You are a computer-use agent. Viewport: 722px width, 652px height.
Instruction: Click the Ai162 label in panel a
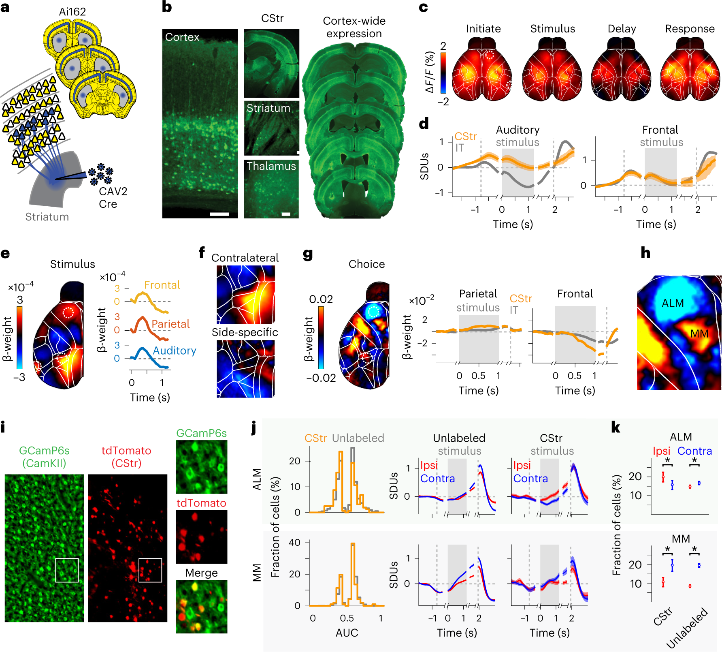coord(72,11)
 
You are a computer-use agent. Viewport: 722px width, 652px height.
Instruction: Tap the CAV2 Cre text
coord(113,197)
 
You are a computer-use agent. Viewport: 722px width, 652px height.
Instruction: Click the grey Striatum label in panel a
coord(47,217)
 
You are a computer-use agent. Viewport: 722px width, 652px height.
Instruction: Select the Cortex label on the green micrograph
coord(182,37)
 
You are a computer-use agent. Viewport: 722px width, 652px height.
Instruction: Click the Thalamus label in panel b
coord(271,166)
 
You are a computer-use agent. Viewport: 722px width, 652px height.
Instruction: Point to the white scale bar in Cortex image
coord(219,214)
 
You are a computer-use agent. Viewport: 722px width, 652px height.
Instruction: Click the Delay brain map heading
coord(622,29)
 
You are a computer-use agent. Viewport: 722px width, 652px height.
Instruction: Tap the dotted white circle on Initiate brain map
coord(490,55)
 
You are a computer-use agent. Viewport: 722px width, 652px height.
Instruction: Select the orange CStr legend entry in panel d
coord(465,137)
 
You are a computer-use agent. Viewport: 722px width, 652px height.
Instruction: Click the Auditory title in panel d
coord(518,130)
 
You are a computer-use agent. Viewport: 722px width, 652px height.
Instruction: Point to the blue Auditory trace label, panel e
coord(175,351)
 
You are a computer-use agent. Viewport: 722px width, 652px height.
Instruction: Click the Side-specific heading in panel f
coord(245,332)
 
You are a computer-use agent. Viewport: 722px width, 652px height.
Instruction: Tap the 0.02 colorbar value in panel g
coord(321,299)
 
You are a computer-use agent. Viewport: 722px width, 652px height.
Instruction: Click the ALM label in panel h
coord(673,303)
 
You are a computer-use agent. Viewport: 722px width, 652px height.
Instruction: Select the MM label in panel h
coord(699,334)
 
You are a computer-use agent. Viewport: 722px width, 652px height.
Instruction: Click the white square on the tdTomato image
coord(150,570)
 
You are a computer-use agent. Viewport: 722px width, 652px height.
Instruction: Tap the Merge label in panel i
coord(201,573)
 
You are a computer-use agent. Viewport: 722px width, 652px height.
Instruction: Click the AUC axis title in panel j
coord(347,633)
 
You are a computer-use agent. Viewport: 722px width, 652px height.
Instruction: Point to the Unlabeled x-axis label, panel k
coord(687,628)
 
